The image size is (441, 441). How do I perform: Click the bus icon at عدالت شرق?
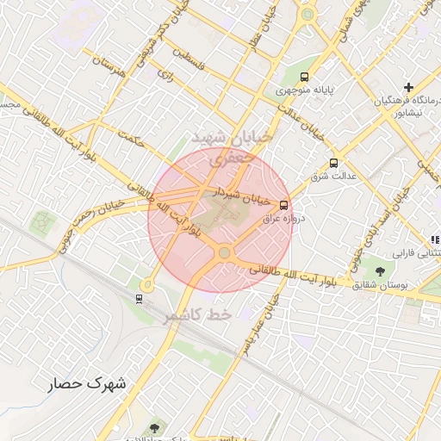[x=333, y=162]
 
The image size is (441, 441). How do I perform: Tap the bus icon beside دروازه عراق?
[x=284, y=204]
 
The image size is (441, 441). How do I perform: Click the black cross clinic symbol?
[x=408, y=87]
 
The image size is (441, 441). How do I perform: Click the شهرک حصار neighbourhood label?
[x=86, y=383]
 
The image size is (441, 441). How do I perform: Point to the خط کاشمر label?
[x=199, y=316]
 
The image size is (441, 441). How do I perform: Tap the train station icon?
[x=139, y=298]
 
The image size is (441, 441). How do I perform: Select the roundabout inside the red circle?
[x=225, y=253]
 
